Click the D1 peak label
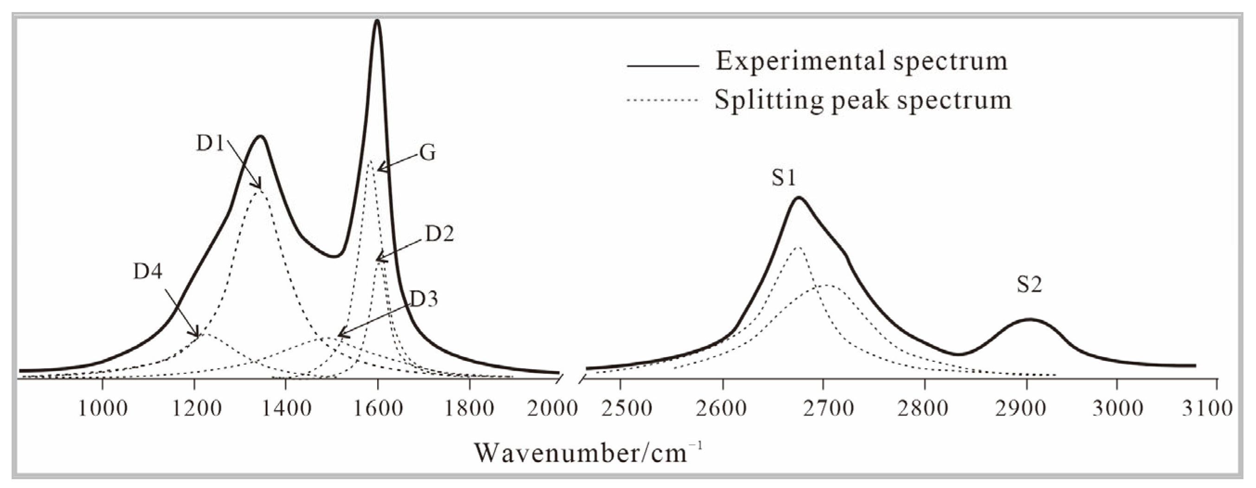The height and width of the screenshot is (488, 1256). click(210, 143)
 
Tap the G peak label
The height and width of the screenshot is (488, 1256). click(428, 154)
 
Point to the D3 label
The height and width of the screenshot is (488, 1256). click(424, 299)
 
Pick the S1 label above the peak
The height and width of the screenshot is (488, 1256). click(784, 179)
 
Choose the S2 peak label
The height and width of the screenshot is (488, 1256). click(1029, 285)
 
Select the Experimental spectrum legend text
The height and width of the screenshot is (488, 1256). click(862, 61)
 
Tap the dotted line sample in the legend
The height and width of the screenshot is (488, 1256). click(663, 100)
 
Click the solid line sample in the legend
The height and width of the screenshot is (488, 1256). click(663, 66)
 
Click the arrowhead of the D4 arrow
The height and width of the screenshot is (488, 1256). click(198, 335)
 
